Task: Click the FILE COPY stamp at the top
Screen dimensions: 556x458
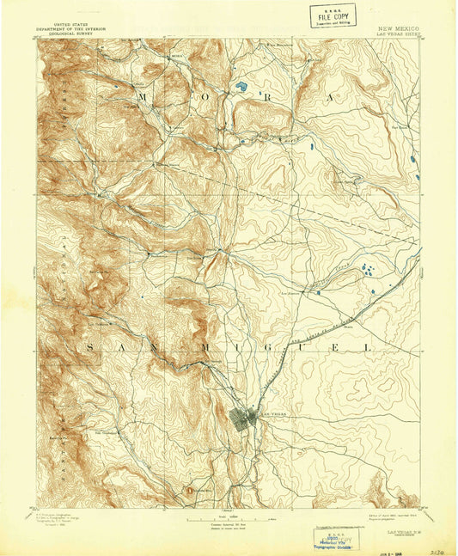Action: (331, 15)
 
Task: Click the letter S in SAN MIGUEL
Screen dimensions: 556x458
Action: (89, 346)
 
